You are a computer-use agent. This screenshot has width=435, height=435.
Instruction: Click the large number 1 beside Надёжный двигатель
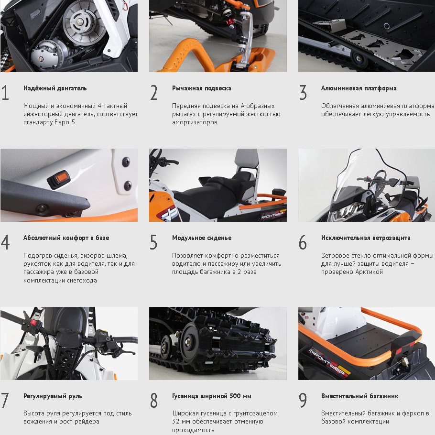(x=5, y=92)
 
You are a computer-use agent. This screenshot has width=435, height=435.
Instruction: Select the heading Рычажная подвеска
(x=201, y=88)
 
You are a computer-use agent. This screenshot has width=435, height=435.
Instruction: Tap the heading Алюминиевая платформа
(x=359, y=88)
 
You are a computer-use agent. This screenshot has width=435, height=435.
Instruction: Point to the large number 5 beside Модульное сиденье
(x=153, y=242)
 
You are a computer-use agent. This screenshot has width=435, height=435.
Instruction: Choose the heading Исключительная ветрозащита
(x=366, y=238)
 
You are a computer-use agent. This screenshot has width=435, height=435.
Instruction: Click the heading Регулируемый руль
(x=53, y=396)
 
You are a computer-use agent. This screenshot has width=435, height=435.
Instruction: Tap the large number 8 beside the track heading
(x=154, y=400)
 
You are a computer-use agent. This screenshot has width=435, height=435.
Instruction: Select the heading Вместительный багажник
(x=359, y=396)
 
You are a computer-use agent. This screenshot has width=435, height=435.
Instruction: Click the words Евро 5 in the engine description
(x=65, y=122)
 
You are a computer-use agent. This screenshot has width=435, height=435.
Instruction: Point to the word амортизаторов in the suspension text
(x=195, y=122)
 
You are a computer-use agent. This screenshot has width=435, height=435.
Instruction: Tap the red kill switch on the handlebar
(x=33, y=322)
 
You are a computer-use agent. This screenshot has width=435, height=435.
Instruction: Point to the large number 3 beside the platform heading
(x=303, y=92)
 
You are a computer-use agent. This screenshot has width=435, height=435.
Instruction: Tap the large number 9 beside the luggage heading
(x=303, y=400)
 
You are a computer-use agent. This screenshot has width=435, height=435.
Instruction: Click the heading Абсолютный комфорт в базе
(x=66, y=238)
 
